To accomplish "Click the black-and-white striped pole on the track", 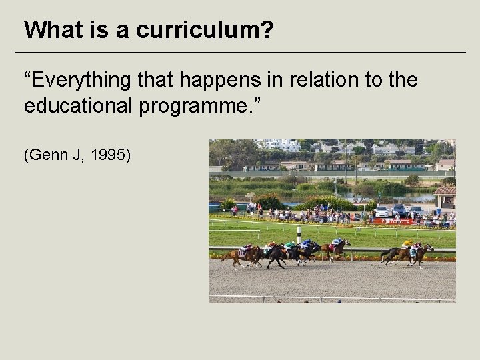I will [299, 234].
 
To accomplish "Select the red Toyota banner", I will [393, 221].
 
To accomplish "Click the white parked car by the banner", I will [381, 211].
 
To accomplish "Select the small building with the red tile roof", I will [445, 195].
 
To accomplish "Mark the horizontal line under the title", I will [240, 52].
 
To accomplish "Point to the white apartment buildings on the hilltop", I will [279, 144].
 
